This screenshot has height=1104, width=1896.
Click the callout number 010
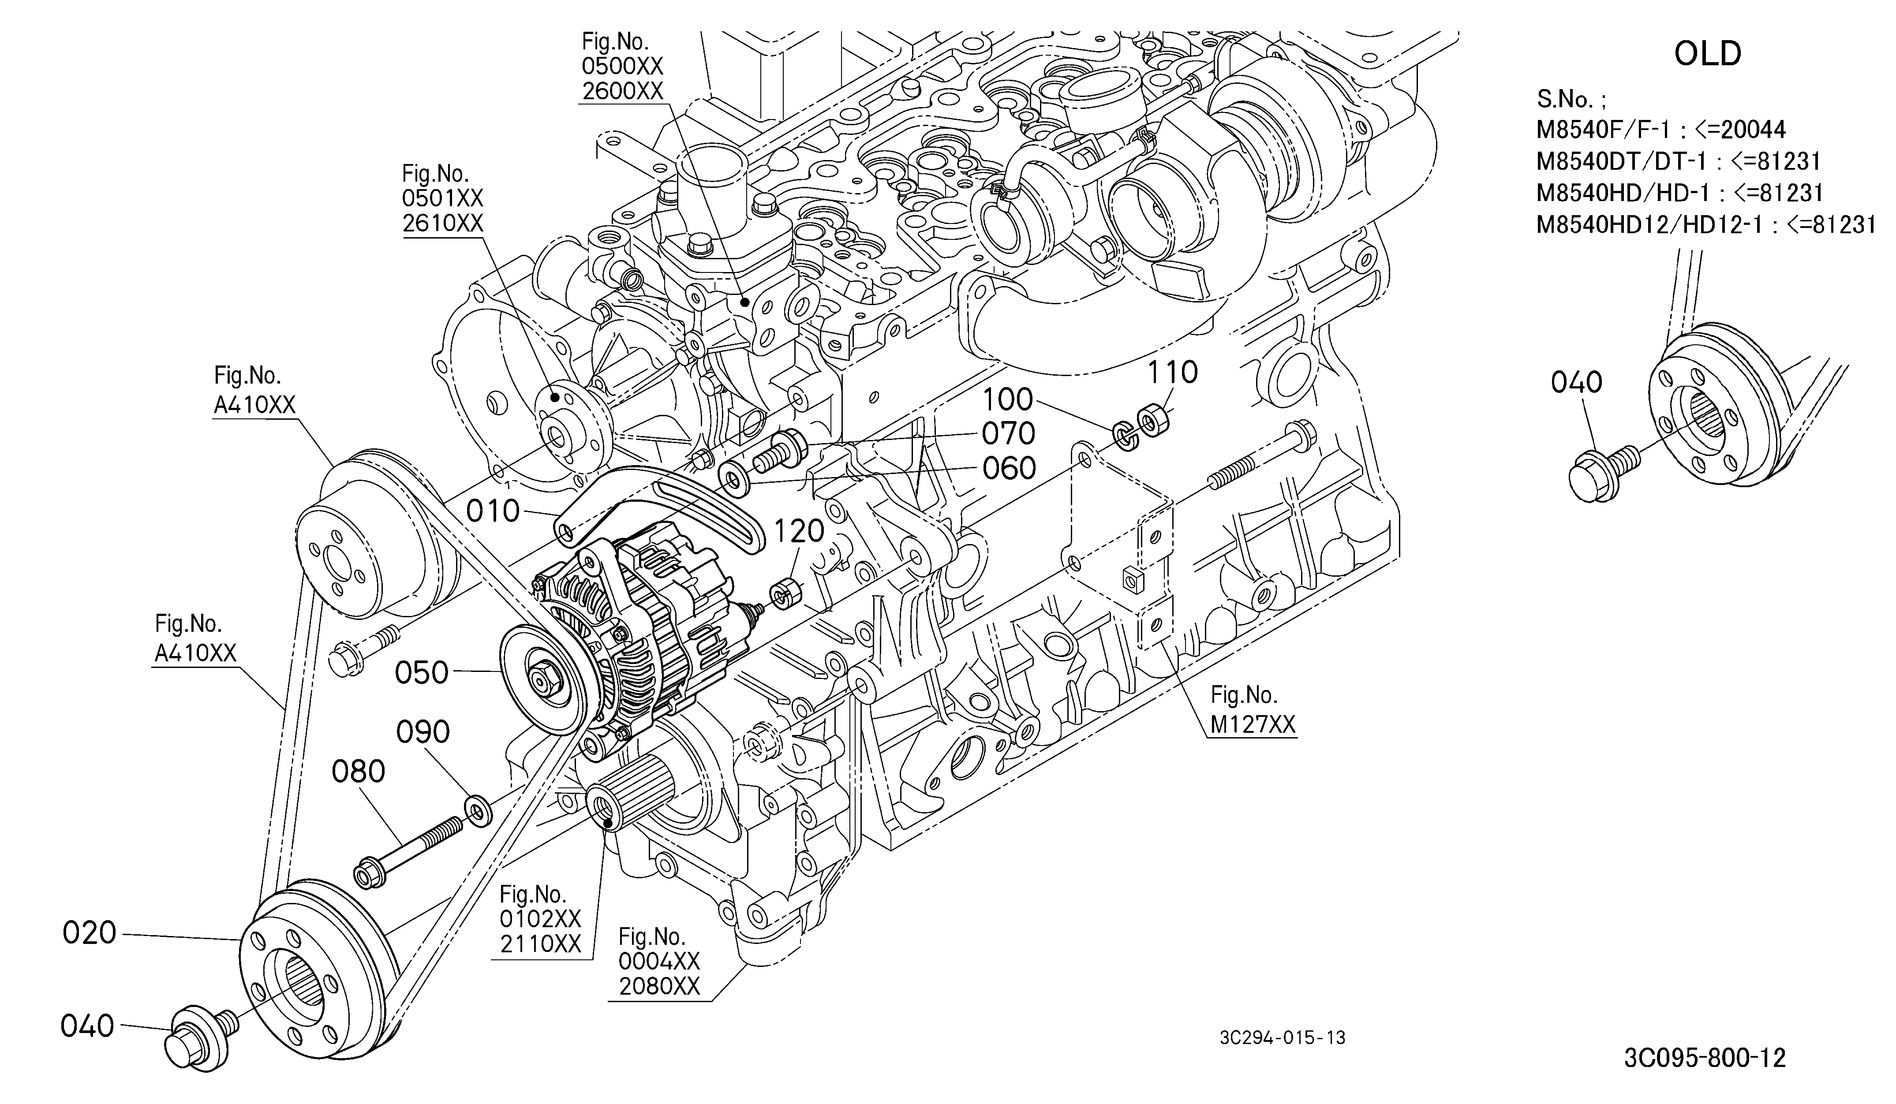[493, 511]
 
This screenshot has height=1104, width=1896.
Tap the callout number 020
[90, 933]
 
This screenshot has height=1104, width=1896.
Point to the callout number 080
[359, 772]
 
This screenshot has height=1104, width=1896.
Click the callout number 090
[423, 732]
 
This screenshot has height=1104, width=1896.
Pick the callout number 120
[800, 532]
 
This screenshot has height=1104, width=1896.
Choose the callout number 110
[1173, 372]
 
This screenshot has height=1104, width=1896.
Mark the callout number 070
[1009, 434]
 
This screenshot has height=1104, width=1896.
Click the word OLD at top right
[1708, 54]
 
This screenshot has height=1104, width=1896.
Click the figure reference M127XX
[1253, 724]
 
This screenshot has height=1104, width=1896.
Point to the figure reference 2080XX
[660, 986]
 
